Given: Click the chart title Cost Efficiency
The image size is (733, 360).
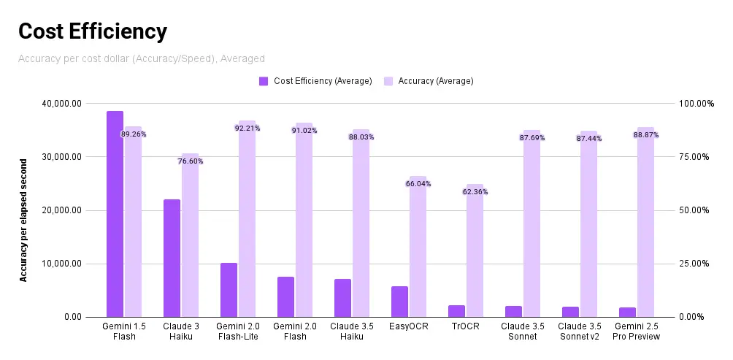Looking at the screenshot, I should [93, 31].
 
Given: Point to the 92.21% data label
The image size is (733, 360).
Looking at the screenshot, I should [247, 129].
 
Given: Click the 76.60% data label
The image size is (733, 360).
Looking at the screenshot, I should [191, 161].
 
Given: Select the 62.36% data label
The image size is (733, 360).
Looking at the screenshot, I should [475, 192].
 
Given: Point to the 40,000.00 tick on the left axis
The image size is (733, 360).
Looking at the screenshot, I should [61, 104].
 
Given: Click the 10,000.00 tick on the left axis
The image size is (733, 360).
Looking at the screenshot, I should [61, 264].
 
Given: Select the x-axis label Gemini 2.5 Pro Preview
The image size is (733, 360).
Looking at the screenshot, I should [637, 332].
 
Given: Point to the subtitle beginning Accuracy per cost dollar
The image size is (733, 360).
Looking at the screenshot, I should [141, 58].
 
